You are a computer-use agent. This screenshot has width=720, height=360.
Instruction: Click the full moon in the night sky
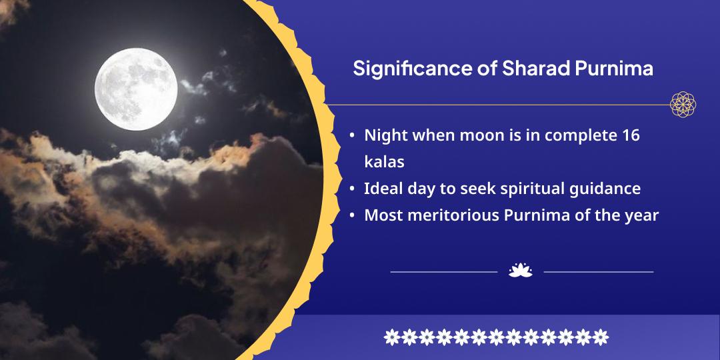(x=136, y=89)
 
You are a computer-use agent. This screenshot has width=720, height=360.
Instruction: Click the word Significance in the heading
(x=411, y=69)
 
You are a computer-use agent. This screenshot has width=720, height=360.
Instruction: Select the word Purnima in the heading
(x=614, y=69)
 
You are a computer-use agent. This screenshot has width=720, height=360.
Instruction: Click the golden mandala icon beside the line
(x=683, y=104)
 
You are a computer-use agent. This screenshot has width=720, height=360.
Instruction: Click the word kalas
(x=385, y=161)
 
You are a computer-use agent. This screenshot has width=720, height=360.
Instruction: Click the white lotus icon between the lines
(x=520, y=271)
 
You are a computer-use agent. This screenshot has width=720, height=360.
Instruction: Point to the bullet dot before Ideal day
(x=352, y=189)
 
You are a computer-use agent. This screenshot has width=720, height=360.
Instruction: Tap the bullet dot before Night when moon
(x=352, y=137)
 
